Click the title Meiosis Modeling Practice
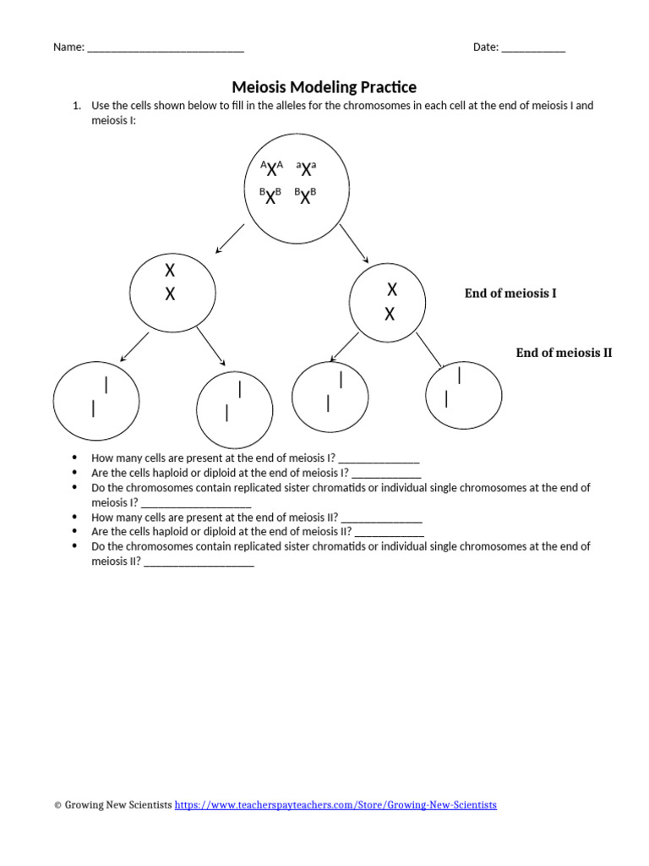coord(324,87)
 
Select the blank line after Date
coord(533,48)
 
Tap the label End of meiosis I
coord(510,293)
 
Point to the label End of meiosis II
coord(564,353)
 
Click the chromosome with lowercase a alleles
coord(306,168)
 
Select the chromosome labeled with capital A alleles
coord(271,168)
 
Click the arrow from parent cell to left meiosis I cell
coord(230,238)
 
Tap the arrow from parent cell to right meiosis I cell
coord(355,244)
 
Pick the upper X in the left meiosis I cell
coord(170,271)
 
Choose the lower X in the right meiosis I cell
coord(390,315)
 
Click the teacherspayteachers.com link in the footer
coord(335,805)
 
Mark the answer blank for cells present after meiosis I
coord(379,458)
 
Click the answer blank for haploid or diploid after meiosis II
coord(390,532)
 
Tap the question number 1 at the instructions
coord(76,106)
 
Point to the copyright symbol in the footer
coord(57,805)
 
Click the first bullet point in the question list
coord(75,458)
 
